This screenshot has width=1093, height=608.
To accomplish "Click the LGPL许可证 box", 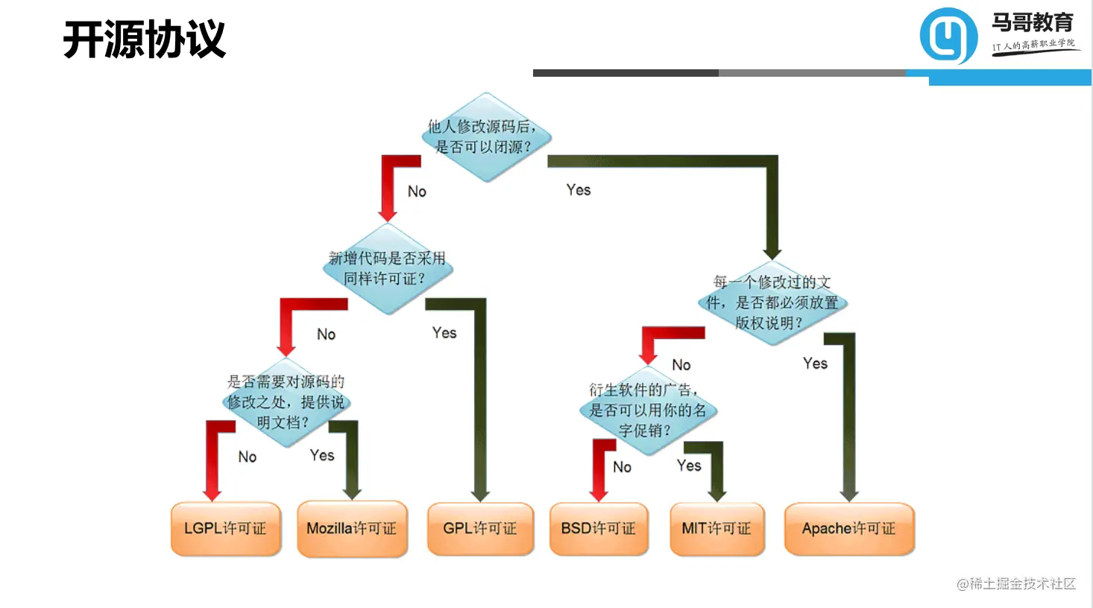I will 225,528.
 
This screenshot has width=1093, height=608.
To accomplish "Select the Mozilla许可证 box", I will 352,528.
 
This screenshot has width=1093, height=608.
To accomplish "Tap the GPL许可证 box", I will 480,528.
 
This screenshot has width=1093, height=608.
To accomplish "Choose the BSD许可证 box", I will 599,528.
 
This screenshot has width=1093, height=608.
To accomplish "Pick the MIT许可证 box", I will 716,528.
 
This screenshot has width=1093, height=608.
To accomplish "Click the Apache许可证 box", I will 848,528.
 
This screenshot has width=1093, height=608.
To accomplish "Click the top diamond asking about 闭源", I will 486,137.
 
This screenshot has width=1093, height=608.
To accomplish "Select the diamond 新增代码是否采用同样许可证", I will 388,269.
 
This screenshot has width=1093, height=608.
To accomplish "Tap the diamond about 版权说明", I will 772,303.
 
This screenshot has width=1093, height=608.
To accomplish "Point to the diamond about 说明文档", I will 286,402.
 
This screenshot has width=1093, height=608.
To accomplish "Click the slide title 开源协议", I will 145,39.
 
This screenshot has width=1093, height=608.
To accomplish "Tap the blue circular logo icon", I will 948,36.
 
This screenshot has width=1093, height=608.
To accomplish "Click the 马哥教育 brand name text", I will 1033,22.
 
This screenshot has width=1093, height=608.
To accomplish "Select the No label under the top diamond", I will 417,191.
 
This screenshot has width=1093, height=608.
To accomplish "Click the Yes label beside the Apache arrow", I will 815,364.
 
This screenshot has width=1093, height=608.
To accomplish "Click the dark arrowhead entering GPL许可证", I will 480,494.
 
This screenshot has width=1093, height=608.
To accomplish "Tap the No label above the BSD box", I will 622,467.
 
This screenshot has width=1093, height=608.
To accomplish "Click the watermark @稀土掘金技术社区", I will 1016,583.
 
